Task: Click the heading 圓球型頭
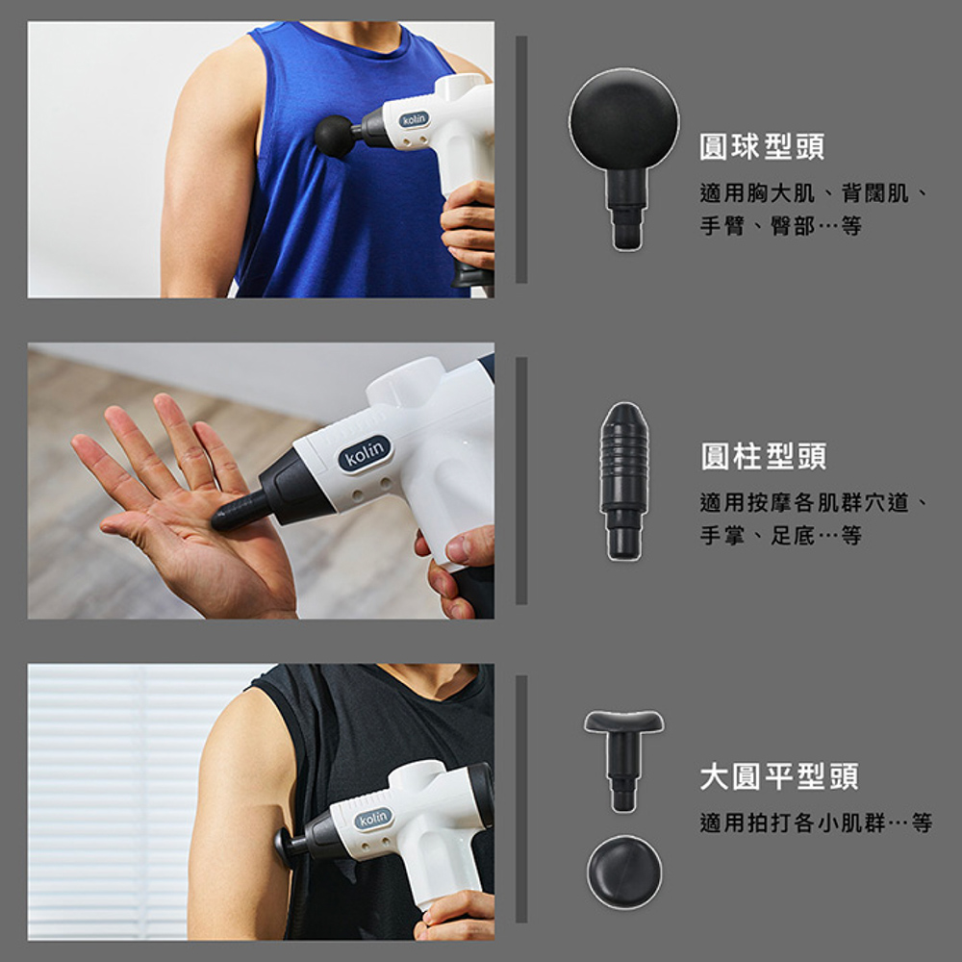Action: point(761,147)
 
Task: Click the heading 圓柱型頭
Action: point(763,456)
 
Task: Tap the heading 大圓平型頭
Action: point(778,776)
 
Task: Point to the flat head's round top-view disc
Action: point(624,872)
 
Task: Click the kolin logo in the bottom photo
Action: point(373,819)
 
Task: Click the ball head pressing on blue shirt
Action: point(334,135)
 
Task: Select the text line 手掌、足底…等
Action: point(780,536)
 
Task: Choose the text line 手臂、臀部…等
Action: point(780,227)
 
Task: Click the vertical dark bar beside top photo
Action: point(521,160)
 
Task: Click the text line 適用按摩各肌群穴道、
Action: point(813,503)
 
